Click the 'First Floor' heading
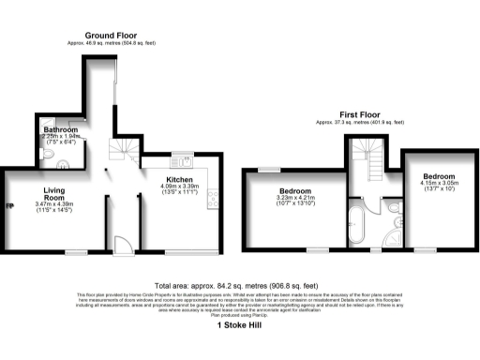[360, 114]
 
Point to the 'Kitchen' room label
[180, 179]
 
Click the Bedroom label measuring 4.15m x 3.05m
[438, 176]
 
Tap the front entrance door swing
[121, 246]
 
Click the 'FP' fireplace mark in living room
[10, 206]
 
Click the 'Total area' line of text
[240, 287]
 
